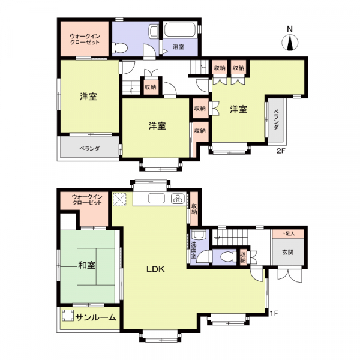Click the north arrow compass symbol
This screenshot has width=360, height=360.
[x=290, y=43]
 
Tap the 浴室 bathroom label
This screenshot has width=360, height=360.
[x=178, y=47]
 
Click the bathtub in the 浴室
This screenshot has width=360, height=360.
[x=181, y=29]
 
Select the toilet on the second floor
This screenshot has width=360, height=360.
[x=119, y=48]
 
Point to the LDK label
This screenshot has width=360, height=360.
[x=155, y=269]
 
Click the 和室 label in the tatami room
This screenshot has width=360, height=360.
[x=87, y=265]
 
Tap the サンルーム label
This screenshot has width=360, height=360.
[x=96, y=317]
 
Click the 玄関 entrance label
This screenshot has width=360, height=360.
[x=287, y=253]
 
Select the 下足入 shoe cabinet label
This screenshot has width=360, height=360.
[x=287, y=234]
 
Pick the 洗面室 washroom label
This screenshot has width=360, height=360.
[x=194, y=250]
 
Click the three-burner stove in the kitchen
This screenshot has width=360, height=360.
[x=178, y=198]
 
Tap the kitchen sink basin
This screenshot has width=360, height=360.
[x=157, y=199]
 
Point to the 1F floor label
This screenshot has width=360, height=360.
[x=274, y=313]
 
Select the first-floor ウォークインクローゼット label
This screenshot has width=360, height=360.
[x=87, y=200]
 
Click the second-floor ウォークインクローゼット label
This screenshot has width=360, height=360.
[x=85, y=39]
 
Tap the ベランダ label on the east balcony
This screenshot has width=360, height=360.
[x=277, y=119]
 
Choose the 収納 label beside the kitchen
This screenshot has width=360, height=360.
[x=194, y=209]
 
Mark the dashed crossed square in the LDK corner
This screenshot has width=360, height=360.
[x=119, y=200]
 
